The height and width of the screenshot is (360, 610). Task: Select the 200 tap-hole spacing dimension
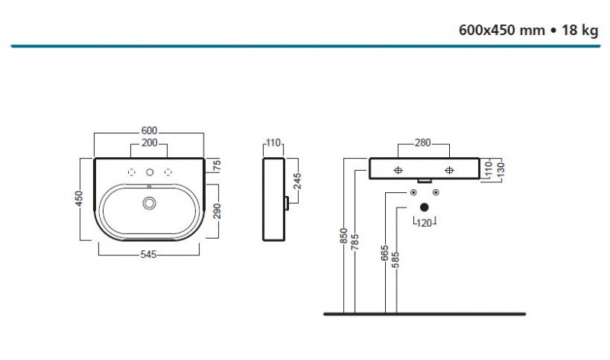point(149,143)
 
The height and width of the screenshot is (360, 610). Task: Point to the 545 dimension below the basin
point(149,255)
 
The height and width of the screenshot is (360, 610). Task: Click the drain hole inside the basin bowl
point(149,203)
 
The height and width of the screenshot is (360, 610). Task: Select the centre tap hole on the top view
point(150,170)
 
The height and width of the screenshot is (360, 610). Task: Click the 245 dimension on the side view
point(297,182)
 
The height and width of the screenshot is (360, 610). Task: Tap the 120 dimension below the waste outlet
point(425,222)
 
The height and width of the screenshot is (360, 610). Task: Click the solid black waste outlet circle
point(424,206)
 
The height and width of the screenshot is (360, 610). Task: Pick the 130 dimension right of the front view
point(500,167)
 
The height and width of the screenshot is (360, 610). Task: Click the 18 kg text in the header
point(576,31)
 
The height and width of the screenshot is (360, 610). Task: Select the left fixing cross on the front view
point(398,170)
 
